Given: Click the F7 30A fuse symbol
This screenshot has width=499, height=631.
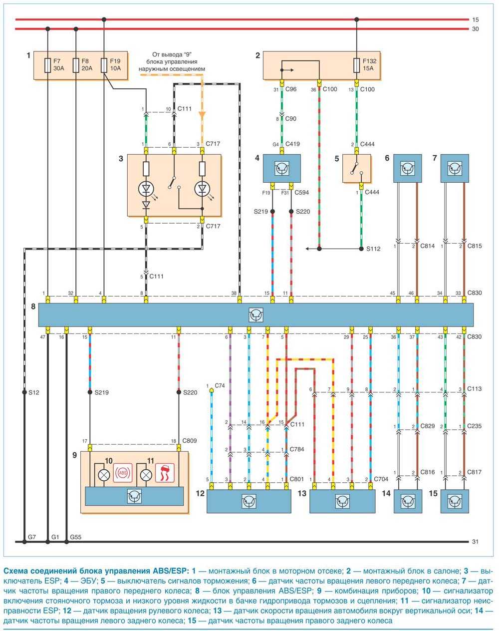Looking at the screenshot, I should (47, 65).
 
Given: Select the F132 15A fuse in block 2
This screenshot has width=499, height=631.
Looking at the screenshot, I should (356, 65).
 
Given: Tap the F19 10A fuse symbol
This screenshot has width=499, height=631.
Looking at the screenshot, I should (104, 65).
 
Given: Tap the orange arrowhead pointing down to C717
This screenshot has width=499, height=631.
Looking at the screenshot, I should (202, 115).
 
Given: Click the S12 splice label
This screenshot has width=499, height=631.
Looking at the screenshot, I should (33, 393).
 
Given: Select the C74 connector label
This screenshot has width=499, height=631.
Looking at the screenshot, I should (220, 385).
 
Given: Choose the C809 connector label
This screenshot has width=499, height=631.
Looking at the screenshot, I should (189, 441).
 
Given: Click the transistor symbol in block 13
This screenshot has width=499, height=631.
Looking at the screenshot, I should (342, 501).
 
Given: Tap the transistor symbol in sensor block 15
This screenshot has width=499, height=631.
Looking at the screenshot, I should (455, 501).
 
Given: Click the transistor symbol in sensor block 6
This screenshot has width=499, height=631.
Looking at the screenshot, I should (408, 168).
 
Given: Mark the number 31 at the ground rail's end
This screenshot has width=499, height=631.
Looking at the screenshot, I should (475, 542).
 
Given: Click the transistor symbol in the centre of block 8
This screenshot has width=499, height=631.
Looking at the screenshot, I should (256, 315).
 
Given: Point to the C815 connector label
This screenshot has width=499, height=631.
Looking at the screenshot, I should (475, 246).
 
